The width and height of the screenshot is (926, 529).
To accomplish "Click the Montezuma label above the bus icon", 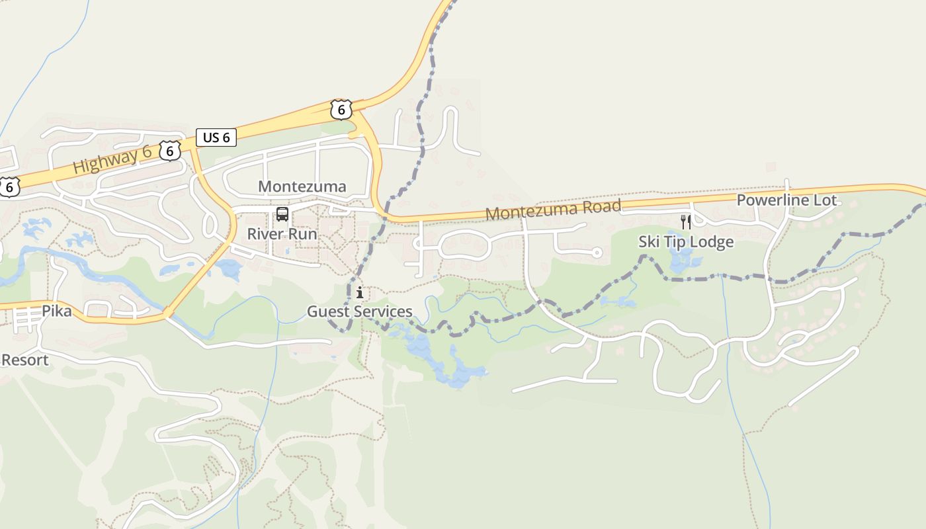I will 302,186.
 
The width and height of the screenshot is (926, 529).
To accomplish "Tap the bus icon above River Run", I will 282,214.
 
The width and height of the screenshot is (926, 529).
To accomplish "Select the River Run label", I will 282,234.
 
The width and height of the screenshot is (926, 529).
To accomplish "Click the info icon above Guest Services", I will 360,292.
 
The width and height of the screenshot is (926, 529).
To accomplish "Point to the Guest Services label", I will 359,311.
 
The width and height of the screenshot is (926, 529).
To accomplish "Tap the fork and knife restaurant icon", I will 686,222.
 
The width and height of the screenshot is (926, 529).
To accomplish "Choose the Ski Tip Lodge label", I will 686,242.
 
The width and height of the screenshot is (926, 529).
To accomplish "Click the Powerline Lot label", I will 786,200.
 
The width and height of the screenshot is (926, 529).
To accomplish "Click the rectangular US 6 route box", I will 216,138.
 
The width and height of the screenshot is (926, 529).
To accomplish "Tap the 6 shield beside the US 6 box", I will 170,151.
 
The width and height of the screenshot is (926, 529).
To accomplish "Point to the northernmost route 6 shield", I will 341,109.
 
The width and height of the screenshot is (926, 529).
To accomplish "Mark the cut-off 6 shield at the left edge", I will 8,187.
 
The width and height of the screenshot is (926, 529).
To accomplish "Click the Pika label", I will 56,311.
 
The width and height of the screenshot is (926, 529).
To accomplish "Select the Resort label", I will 25,360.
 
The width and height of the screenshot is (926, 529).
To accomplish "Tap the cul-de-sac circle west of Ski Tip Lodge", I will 597,252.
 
